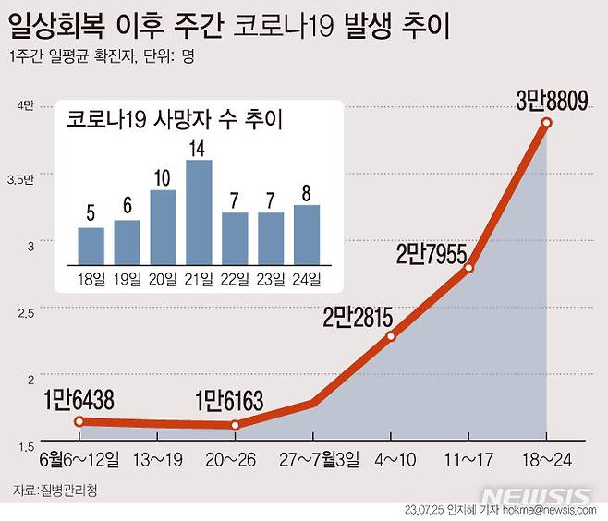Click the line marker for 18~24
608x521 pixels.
(x=546, y=123)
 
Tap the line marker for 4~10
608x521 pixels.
(x=391, y=336)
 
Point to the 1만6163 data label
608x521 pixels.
(x=229, y=402)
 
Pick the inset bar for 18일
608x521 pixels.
(x=91, y=245)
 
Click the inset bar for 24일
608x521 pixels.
(x=307, y=234)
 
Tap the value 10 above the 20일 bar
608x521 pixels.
(x=163, y=176)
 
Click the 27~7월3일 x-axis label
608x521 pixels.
(x=314, y=458)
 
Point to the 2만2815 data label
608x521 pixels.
(x=358, y=318)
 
